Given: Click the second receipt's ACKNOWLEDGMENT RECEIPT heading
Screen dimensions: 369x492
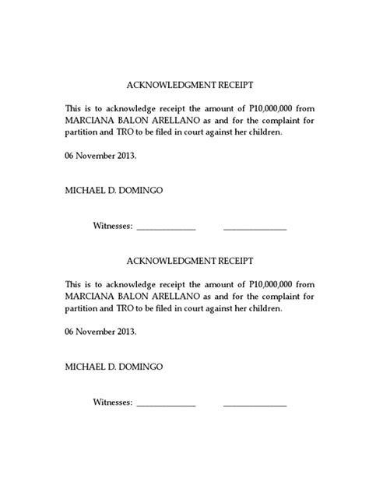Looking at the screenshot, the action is pos(184,260).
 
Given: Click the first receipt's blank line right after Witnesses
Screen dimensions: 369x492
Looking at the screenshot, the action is pos(166,229).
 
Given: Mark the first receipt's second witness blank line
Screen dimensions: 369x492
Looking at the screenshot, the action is pos(255,229).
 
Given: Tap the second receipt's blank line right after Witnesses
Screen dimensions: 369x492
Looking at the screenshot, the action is pos(166,404).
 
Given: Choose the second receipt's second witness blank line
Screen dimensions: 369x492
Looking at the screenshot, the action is pos(255,404).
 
